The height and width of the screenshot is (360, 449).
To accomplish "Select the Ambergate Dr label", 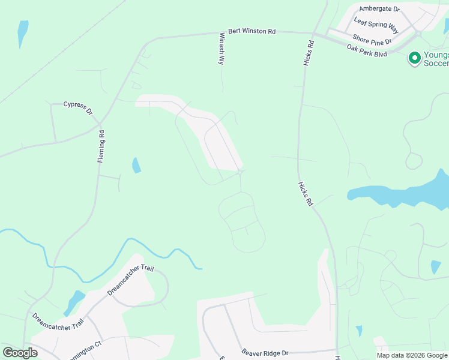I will [379, 9].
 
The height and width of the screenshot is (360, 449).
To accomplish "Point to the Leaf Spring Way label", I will [376, 25].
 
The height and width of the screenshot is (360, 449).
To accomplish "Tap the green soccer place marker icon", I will [414, 58].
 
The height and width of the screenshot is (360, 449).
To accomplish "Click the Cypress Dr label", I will [78, 108].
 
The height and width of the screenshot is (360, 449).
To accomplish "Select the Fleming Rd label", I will [101, 147].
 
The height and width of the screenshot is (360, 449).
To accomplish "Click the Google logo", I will [20, 353].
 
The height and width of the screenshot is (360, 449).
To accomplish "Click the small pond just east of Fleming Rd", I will [136, 165].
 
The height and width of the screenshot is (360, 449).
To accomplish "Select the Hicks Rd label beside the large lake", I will [306, 195].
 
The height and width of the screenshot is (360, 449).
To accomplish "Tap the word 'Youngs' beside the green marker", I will [436, 54].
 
